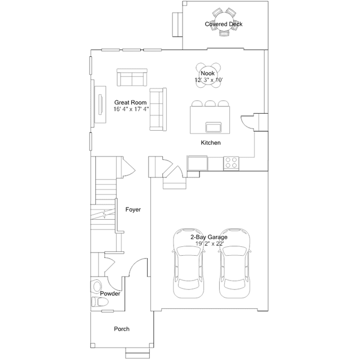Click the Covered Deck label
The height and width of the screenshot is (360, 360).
(224, 24)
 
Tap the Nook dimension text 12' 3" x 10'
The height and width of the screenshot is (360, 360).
(208, 80)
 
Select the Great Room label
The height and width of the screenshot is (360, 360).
(130, 103)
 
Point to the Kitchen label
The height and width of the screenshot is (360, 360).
(211, 143)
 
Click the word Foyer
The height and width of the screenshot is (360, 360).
(133, 210)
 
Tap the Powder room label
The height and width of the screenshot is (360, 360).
(110, 294)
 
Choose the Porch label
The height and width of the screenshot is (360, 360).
(122, 329)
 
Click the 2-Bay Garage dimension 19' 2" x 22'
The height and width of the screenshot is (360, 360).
(210, 243)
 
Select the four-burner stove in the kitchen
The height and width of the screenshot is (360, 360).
(231, 163)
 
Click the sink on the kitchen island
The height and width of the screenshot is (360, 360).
(214, 127)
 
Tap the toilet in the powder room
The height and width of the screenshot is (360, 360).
(100, 302)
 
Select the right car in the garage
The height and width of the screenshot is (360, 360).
(234, 263)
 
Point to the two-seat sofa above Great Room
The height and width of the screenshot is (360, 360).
(132, 77)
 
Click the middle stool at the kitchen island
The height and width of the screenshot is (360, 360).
(210, 103)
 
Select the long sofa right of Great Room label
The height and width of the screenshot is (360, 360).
(158, 109)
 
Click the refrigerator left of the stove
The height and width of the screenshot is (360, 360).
(197, 163)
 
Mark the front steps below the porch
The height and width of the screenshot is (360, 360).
(137, 353)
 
